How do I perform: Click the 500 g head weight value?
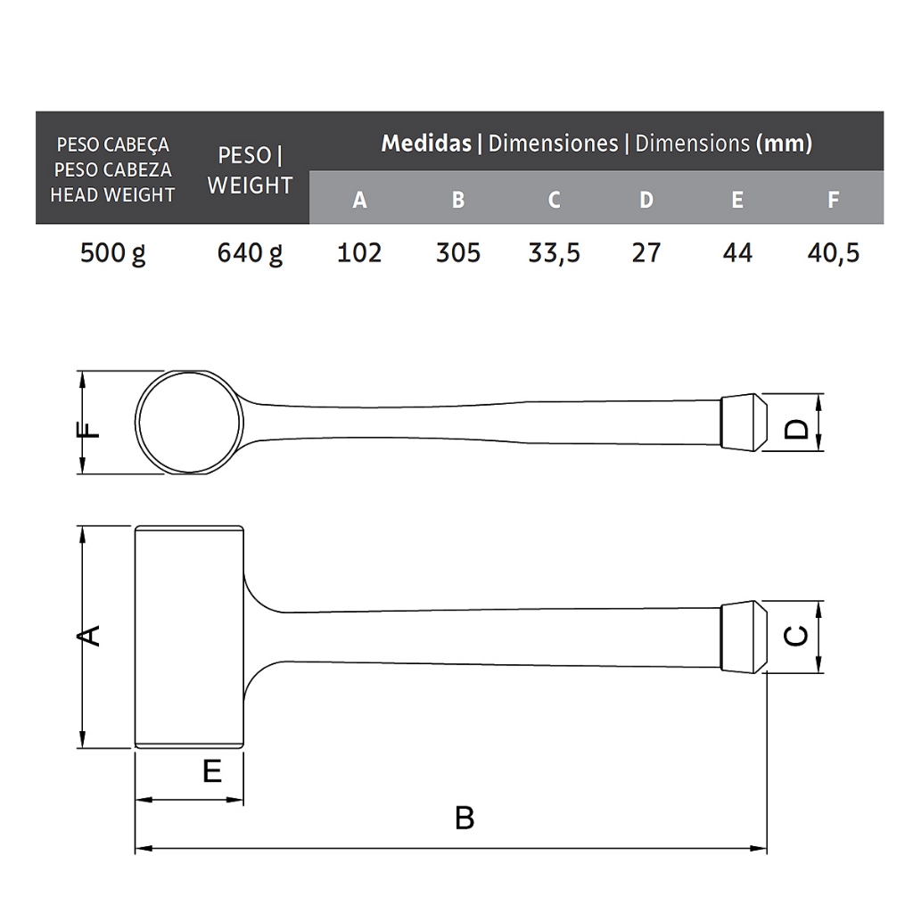[x=112, y=253]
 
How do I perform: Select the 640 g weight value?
[x=250, y=253]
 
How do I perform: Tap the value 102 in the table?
[x=359, y=252]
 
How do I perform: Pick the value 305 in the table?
[x=458, y=252]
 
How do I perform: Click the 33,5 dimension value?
[x=554, y=253]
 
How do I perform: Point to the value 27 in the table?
[x=646, y=252]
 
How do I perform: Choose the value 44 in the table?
[x=737, y=252]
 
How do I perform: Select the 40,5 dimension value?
[x=834, y=253]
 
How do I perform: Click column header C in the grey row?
[x=554, y=200]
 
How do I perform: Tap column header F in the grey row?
[x=834, y=200]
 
